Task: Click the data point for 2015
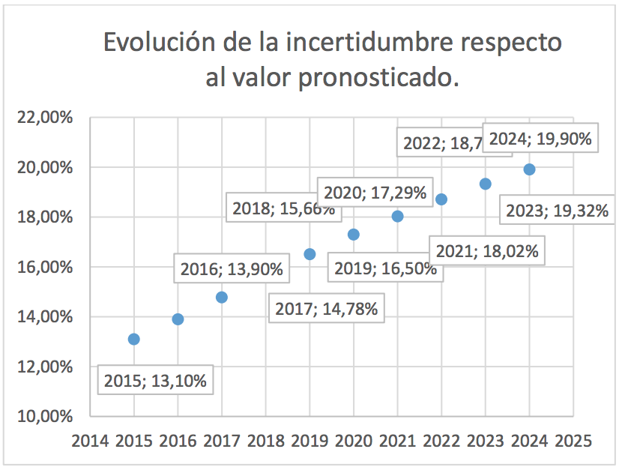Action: (x=134, y=339)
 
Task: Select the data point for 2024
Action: (x=529, y=169)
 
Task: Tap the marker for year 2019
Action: (x=309, y=254)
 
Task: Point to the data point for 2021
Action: (x=398, y=216)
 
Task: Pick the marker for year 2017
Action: (x=222, y=297)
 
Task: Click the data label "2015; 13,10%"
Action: (x=155, y=381)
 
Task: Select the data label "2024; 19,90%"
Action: (x=540, y=139)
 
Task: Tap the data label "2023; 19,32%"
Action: (x=557, y=211)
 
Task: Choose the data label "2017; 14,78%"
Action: (x=326, y=308)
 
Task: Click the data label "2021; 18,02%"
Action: (x=487, y=250)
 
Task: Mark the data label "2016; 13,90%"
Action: (x=232, y=269)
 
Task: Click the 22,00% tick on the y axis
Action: (x=46, y=118)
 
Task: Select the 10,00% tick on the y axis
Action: (x=46, y=416)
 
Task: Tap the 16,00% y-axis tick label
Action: (x=46, y=267)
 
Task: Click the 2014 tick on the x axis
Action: (x=90, y=440)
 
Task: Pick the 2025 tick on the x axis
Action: (x=573, y=440)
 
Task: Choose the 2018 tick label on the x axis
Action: (x=265, y=440)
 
